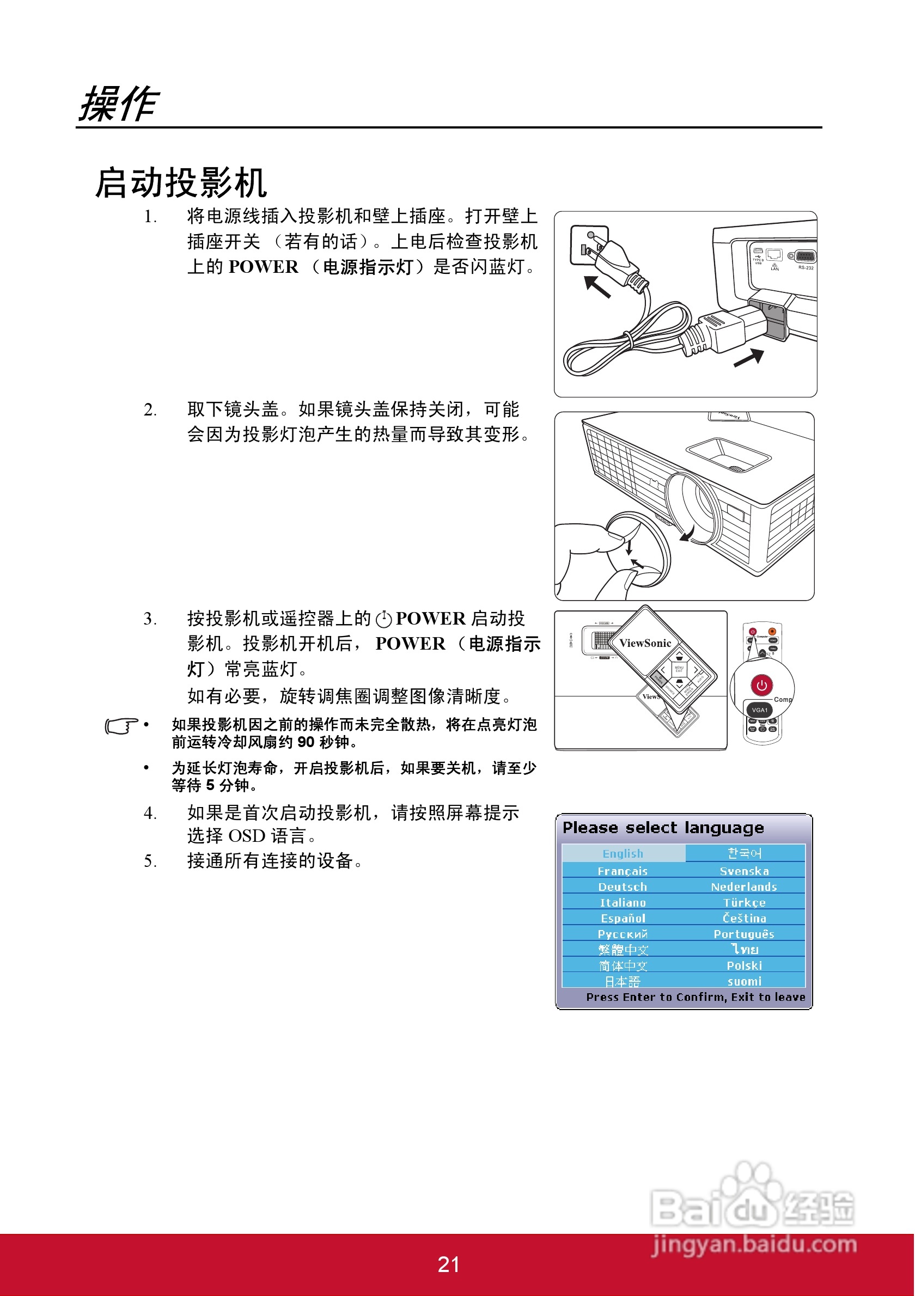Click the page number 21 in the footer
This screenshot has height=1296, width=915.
tap(448, 1264)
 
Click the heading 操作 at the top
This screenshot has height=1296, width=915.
tap(119, 104)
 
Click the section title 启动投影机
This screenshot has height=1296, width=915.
tap(181, 184)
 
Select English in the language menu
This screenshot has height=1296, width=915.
tap(623, 853)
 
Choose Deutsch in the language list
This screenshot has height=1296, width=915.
tap(623, 887)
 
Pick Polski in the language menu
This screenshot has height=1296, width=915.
tap(744, 965)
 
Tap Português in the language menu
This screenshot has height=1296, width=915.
tap(744, 934)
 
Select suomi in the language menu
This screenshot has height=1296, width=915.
tap(744, 981)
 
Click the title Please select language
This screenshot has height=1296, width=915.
tap(663, 828)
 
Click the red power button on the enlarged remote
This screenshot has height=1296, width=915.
tap(761, 685)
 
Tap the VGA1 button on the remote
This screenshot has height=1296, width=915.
tap(760, 710)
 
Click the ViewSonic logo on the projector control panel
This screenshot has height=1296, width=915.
tap(645, 643)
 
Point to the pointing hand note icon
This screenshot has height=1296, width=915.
tap(121, 726)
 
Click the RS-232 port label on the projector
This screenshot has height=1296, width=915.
tap(806, 267)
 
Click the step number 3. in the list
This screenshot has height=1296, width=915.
tap(150, 619)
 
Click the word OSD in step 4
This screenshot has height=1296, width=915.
tap(247, 835)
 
